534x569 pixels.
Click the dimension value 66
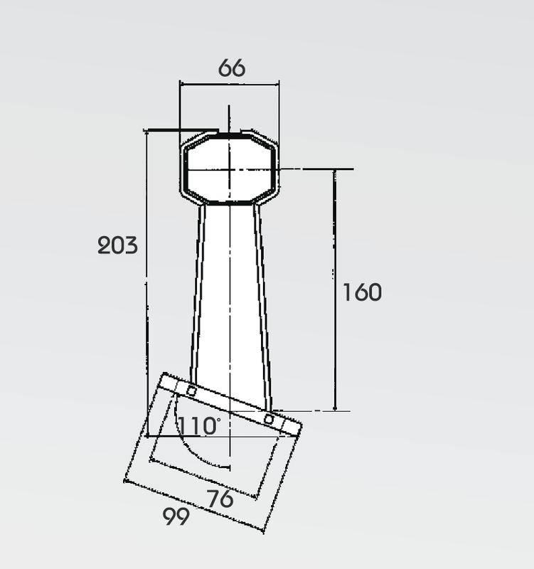232,68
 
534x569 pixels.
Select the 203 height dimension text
118,245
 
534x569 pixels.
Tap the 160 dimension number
362,292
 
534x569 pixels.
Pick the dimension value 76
220,499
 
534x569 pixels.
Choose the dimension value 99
176,516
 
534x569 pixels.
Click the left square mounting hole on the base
191,391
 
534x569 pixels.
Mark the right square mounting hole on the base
269,420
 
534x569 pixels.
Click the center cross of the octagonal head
229,169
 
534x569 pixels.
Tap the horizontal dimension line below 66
230,85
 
